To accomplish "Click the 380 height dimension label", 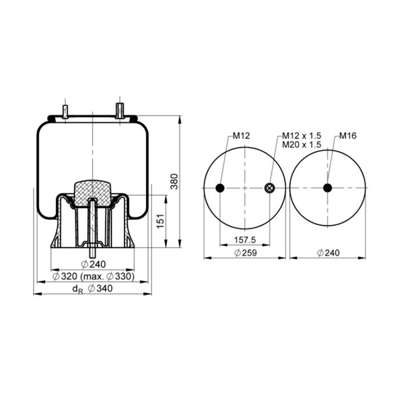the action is point(174,181).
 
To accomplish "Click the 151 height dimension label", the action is point(160,222).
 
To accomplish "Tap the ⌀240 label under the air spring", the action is point(93,264).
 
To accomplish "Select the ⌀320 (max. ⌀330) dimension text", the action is point(93,277).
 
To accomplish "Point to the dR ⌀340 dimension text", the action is point(92,289).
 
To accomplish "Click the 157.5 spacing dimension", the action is point(245,240).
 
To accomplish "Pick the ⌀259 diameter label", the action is point(246,253).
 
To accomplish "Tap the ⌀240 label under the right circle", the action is point(328,253).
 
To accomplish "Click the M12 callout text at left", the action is point(241,135).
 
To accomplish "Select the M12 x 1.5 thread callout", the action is point(302,135).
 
